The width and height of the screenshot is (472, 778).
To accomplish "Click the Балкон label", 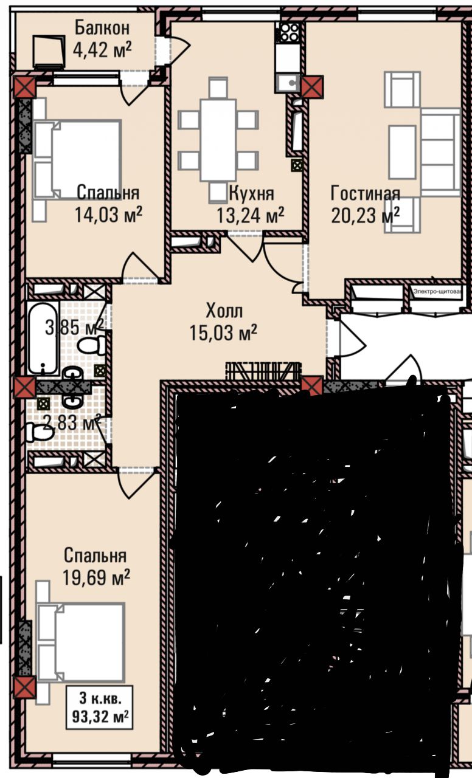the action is tap(102, 28).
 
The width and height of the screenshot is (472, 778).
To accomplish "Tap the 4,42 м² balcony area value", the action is tap(102, 50).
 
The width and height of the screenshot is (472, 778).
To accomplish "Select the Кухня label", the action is tap(252, 193).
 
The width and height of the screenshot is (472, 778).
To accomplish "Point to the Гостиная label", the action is tap(366, 193).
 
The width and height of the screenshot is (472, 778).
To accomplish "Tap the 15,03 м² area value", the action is tap(223, 332).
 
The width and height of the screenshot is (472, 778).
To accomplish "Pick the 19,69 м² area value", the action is tap(96, 577).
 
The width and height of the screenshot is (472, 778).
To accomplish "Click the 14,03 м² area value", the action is tap(108, 215).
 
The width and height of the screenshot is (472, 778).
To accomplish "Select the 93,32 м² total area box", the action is tap(100, 707).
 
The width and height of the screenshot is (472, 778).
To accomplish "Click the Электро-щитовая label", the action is tap(437, 291).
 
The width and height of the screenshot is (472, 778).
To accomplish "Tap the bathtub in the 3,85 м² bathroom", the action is tap(43, 338).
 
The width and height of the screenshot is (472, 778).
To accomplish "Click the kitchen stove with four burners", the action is tap(288, 32).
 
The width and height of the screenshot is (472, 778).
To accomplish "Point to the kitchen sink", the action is tap(288, 83).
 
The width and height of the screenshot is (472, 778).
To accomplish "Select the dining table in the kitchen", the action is tap(218, 140).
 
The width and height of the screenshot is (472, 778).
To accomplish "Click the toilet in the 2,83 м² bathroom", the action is tap(40, 432).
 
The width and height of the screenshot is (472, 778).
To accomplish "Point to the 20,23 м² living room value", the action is tap(365, 215).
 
